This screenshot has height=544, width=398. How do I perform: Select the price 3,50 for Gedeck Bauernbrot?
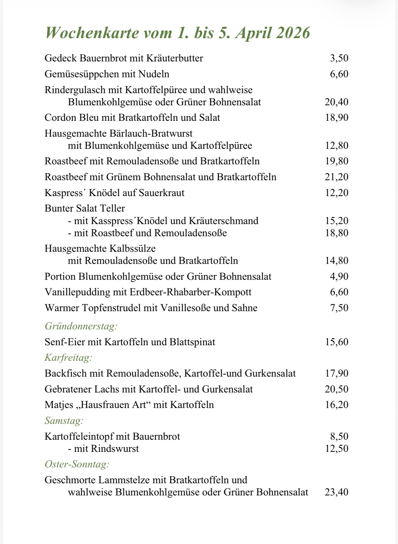pos(339,58)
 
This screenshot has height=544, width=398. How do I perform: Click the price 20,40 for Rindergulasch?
pos(337,102)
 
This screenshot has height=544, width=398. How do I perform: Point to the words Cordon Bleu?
pos(71,117)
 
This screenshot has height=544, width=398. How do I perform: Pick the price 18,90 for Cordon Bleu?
pos(337,117)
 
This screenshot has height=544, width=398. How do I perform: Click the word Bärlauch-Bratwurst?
pos(151,133)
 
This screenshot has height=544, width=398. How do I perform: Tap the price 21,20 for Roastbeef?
pos(337,177)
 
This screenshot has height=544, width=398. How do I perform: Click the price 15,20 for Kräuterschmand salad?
pos(337,221)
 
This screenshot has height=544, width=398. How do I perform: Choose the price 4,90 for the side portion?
pos(339,276)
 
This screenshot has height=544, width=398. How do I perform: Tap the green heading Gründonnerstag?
pos(81,326)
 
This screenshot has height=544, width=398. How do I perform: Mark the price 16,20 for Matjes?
pos(337,405)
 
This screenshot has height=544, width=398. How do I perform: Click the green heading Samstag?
pos(64,421)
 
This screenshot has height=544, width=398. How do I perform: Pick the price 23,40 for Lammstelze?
pos(337,492)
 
